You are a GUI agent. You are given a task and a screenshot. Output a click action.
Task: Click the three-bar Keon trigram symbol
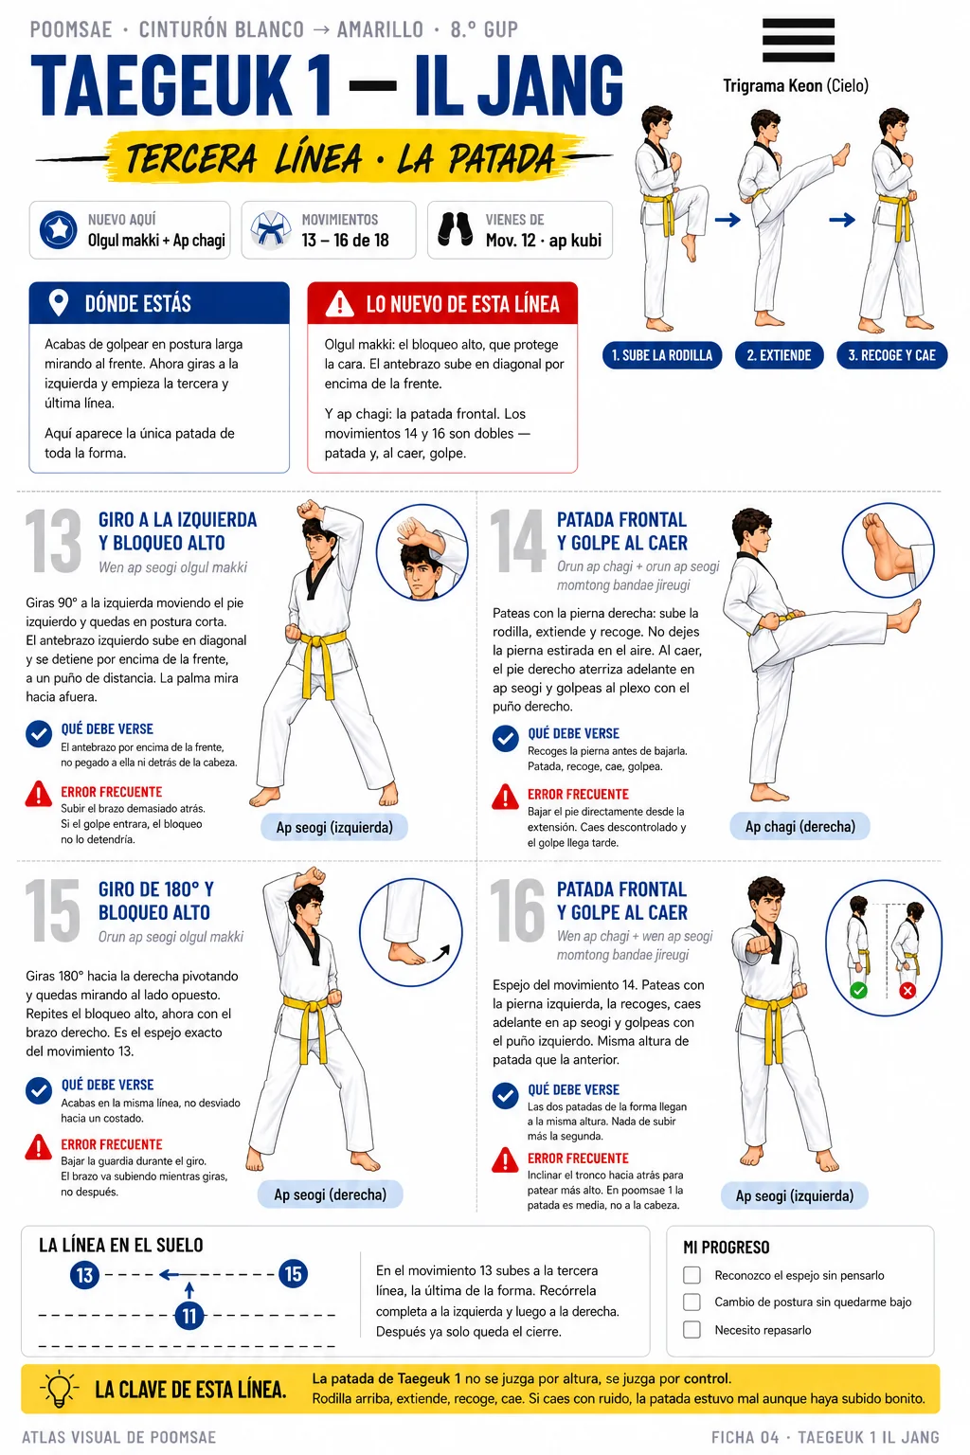[798, 40]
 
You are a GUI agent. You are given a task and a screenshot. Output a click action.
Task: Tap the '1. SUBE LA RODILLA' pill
[662, 355]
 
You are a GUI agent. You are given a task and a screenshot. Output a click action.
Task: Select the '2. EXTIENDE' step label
[779, 355]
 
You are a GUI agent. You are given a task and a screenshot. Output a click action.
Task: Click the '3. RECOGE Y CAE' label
[891, 355]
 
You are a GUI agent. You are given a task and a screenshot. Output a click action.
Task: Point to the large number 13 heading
[53, 541]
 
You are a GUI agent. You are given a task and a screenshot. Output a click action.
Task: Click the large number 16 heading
[518, 910]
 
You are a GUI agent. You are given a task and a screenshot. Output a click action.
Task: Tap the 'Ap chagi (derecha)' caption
[799, 826]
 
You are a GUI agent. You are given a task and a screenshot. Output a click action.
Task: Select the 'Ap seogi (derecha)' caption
[330, 1195]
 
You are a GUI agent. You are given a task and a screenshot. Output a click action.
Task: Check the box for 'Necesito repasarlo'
[692, 1330]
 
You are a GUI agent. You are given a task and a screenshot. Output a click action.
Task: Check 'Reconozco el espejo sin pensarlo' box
[692, 1275]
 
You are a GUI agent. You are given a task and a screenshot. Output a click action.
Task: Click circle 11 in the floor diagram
[189, 1316]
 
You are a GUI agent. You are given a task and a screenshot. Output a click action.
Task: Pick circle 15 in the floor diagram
[293, 1274]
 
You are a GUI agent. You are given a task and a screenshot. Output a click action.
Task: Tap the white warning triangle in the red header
[339, 303]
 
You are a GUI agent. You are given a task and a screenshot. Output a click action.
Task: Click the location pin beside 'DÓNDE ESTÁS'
[59, 303]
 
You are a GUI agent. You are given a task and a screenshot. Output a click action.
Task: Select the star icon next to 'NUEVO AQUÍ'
[58, 229]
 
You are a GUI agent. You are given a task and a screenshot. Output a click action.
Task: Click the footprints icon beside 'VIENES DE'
[455, 229]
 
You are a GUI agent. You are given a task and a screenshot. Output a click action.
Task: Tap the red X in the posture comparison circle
[907, 991]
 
